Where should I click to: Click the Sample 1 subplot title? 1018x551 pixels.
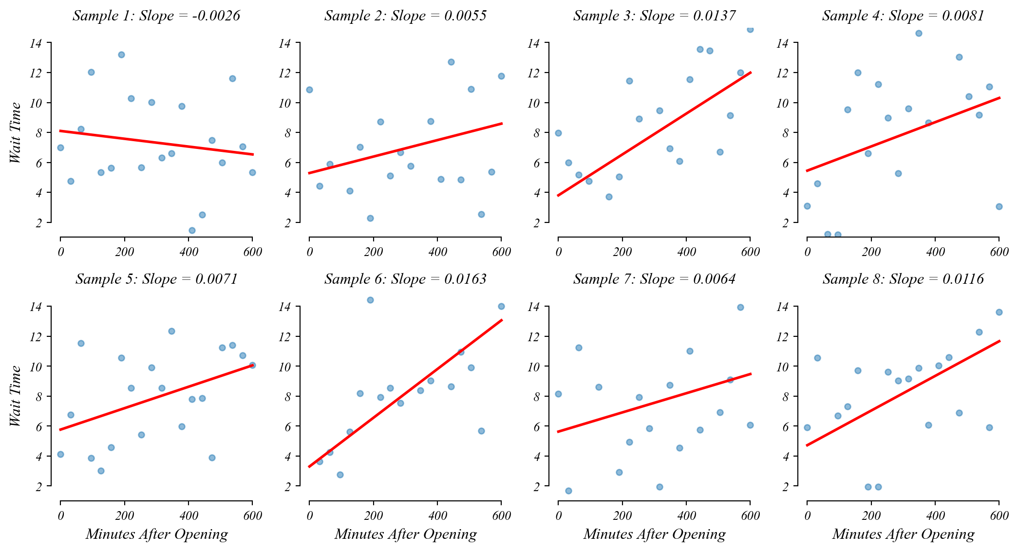(x=156, y=16)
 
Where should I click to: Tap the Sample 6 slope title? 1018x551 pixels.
(x=405, y=279)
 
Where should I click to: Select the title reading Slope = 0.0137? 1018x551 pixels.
(x=654, y=16)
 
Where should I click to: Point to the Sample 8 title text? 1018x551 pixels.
(x=903, y=279)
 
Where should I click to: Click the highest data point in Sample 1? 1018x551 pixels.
(x=121, y=55)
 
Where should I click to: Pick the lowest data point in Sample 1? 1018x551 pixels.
(x=192, y=230)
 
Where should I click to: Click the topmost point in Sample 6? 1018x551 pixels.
(x=370, y=300)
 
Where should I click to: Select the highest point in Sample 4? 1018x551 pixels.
(x=919, y=33)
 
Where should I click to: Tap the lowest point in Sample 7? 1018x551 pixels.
(x=568, y=491)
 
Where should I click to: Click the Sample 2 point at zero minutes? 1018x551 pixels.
(x=309, y=90)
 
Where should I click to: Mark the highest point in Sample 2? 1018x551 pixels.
(x=451, y=62)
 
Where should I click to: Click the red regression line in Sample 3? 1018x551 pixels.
(x=654, y=134)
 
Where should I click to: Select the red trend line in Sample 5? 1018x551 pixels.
(x=156, y=397)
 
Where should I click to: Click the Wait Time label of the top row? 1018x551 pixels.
(x=16, y=132)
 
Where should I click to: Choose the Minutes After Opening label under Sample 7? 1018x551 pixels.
(x=654, y=534)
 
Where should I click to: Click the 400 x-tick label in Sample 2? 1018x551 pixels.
(x=437, y=252)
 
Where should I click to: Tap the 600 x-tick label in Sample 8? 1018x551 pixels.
(x=999, y=515)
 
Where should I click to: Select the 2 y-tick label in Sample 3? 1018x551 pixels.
(x=537, y=223)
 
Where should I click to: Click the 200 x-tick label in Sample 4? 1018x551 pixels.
(x=871, y=252)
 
